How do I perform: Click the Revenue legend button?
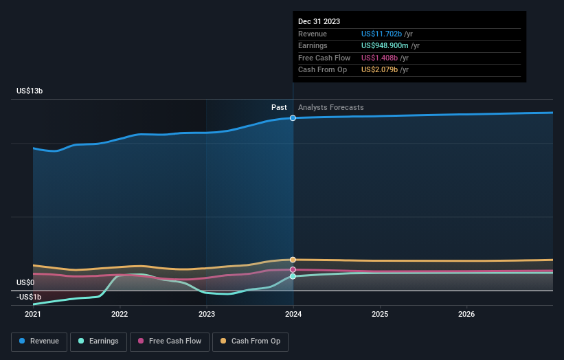[40, 341]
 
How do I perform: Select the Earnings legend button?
[98, 341]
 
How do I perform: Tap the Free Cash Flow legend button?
[170, 341]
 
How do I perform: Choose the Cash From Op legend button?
[250, 341]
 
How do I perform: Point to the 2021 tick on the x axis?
[33, 315]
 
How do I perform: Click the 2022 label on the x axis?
[120, 315]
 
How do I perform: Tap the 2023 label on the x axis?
[206, 315]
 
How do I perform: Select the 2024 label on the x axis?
[293, 315]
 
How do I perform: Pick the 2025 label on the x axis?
[380, 315]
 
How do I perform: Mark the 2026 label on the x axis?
[466, 315]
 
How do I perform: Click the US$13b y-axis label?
[31, 91]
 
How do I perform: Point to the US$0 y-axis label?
[25, 282]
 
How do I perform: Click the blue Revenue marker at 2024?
[293, 118]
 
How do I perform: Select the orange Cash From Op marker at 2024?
[293, 260]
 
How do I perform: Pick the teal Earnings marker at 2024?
[293, 276]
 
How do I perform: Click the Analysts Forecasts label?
[330, 107]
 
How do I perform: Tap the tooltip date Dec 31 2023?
[319, 22]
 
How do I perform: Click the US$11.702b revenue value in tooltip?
[386, 34]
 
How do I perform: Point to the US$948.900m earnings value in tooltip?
[390, 46]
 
